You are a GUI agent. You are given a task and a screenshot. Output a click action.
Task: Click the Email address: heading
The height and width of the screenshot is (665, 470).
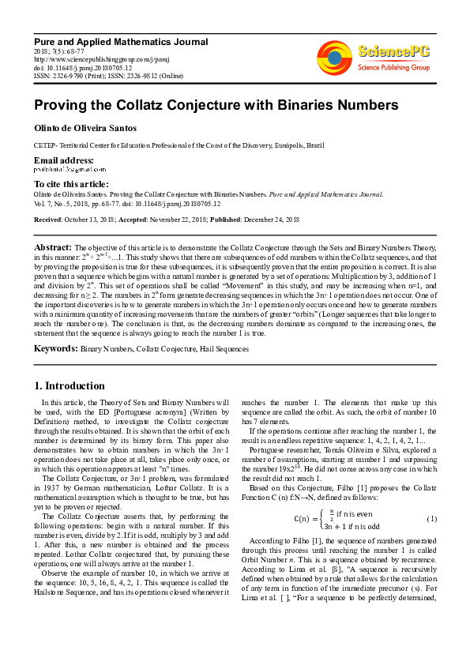coord(64,160)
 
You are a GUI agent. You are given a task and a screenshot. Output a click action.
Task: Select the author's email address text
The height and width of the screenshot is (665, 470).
coord(64,170)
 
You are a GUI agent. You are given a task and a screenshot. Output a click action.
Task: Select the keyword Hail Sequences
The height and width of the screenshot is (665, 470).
coord(224,348)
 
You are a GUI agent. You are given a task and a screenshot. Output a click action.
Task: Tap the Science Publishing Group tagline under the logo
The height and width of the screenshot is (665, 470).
coord(393,68)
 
